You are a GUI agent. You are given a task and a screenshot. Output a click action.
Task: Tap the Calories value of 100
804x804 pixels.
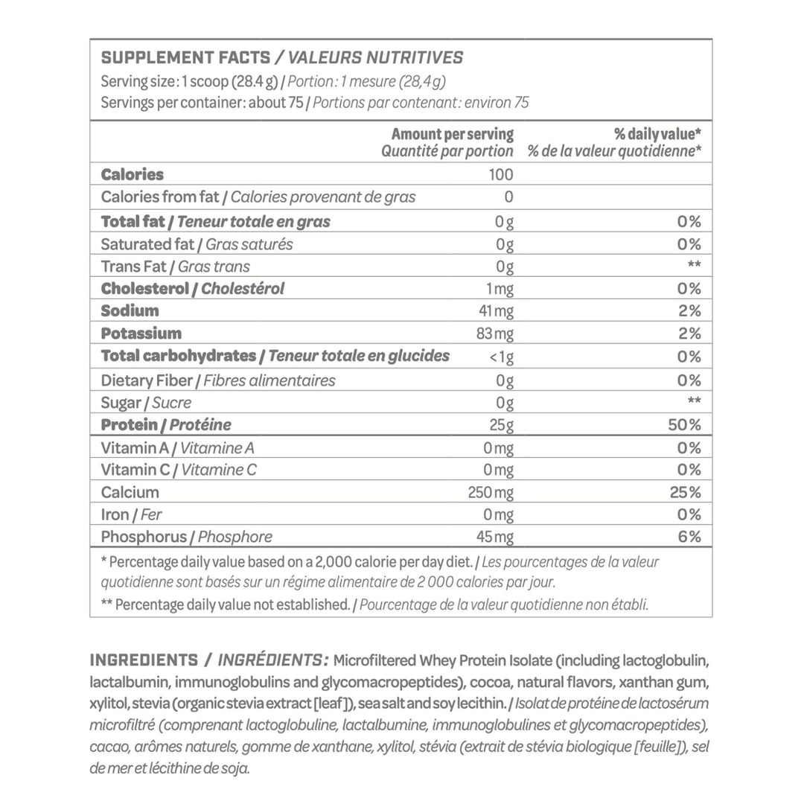coord(501,175)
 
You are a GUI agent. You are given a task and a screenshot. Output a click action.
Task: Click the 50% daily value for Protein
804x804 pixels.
coord(686,425)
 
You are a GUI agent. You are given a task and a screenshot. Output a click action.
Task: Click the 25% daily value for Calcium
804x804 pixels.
coord(686,492)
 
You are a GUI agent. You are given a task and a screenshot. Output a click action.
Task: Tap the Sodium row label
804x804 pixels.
coord(130,310)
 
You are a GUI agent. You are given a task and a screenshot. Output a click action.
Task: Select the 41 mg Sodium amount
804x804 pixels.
coord(496,310)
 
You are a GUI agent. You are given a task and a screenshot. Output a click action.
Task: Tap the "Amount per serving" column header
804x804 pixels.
coord(452,135)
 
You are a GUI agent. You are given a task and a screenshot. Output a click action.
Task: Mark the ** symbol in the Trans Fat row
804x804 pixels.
coord(693,267)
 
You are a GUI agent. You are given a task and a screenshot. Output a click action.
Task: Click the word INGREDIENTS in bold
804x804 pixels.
coord(144,660)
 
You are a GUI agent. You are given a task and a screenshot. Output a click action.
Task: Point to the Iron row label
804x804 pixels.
coord(117,514)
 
